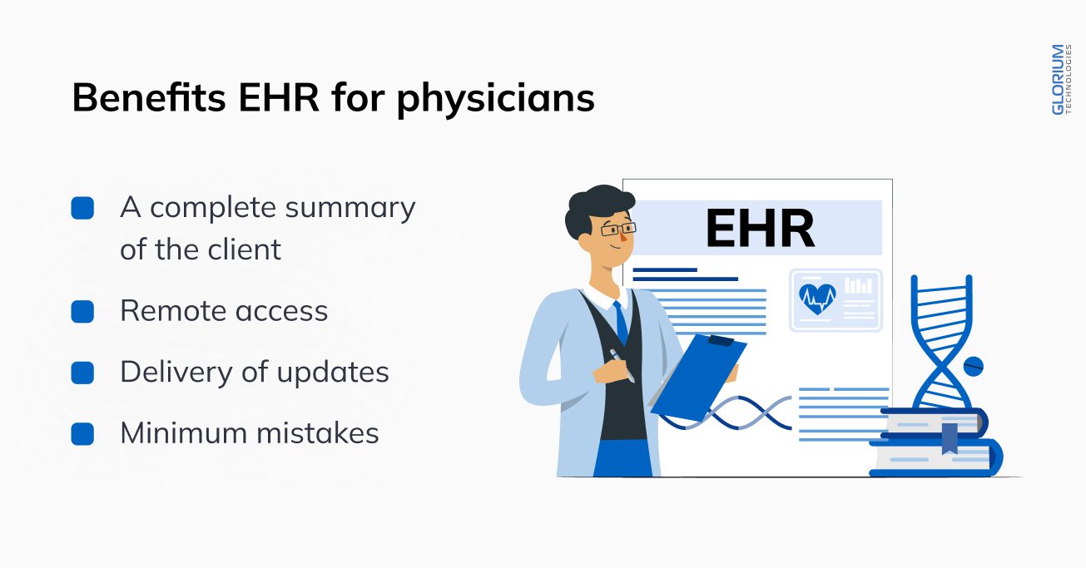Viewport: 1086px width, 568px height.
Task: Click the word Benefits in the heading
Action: point(149,97)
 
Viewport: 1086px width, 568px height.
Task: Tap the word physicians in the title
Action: point(495,99)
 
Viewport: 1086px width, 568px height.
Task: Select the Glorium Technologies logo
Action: point(1061,80)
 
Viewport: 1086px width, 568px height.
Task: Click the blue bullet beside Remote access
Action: point(82,312)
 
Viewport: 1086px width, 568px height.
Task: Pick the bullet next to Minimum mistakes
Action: point(82,434)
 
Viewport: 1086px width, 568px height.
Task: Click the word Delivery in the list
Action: point(176,373)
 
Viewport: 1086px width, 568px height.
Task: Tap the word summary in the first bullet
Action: point(350,209)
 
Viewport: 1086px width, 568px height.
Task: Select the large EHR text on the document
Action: point(759,228)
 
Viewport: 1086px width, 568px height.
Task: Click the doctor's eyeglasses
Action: point(618,228)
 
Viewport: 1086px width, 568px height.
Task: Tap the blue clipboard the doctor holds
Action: point(698,376)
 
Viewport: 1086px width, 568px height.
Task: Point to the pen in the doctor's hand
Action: point(622,365)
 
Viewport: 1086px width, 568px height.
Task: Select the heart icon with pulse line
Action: point(817,299)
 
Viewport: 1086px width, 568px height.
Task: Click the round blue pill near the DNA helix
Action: point(973,367)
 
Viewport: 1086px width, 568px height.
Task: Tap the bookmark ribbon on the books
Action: point(950,438)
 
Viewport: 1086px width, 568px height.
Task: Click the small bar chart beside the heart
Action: point(859,285)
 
